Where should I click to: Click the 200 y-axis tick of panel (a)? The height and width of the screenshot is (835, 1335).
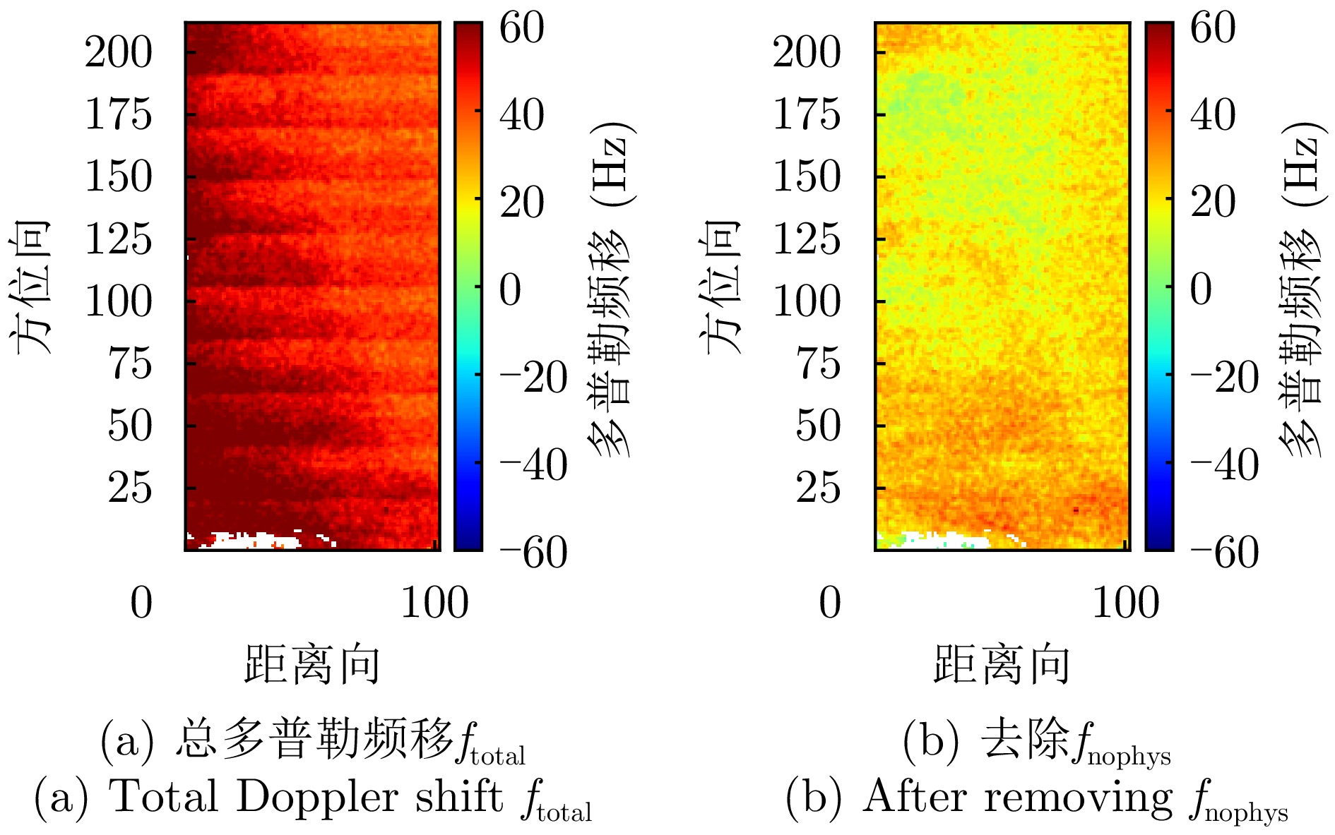118,53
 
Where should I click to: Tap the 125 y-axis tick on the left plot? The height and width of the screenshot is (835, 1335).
118,239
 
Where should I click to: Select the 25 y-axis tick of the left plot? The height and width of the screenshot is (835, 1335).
129,488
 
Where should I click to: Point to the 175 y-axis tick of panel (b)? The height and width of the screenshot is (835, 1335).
807,114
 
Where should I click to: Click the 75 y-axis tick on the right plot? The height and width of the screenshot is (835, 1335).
819,364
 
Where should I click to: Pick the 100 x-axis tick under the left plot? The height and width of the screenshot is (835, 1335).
434,603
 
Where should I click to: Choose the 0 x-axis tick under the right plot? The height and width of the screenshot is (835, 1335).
830,603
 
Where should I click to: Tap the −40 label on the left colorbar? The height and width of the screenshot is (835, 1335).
533,465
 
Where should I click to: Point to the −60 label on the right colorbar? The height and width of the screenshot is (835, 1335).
1224,552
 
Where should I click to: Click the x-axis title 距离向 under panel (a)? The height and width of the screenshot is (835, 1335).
311,664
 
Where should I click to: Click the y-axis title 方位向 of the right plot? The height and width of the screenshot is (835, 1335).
722,286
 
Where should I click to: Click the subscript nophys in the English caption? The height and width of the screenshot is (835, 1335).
1246,814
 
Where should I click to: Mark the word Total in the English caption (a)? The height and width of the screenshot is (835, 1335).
163,798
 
